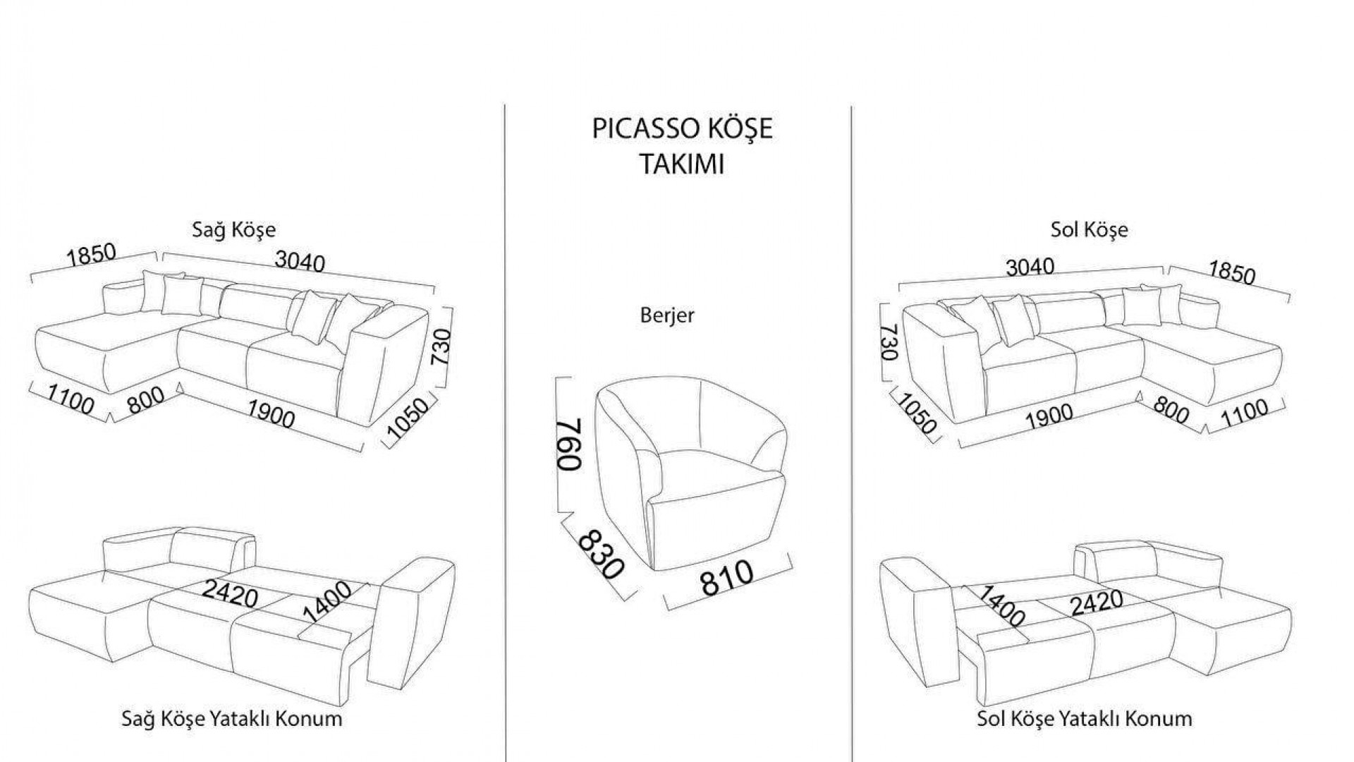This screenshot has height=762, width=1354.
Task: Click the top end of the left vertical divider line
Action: (505, 106)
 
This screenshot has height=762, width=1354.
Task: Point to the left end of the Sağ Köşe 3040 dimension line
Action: (163, 252)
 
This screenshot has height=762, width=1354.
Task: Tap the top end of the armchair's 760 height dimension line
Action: (558, 379)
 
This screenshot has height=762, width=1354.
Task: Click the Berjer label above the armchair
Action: (667, 315)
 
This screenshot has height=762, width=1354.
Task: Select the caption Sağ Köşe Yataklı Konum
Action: (232, 719)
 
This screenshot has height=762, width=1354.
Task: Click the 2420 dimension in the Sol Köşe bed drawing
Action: (1097, 603)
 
